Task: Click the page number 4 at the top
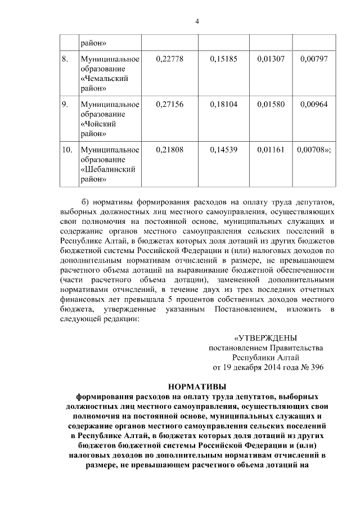(x=197, y=21)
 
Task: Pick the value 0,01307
(x=268, y=58)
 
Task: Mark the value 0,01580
(x=268, y=104)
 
